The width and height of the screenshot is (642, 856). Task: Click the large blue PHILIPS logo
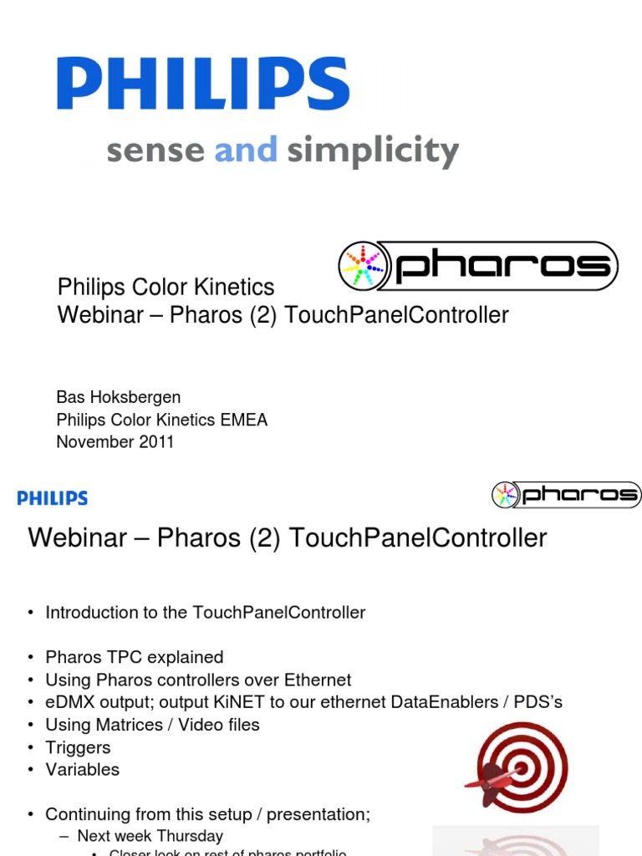point(203,84)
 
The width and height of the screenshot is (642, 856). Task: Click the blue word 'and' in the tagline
point(246,151)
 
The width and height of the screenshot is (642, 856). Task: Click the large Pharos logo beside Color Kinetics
point(478,267)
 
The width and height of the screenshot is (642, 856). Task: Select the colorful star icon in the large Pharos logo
point(363,267)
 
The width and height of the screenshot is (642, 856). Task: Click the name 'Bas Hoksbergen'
point(118,397)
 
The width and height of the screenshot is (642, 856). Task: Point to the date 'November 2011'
point(115,442)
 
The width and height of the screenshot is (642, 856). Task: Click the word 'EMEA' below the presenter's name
point(243,420)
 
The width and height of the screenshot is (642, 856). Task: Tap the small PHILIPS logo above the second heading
point(53,498)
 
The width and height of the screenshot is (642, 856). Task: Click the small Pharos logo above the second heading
point(566,495)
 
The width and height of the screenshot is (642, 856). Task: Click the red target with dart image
point(516,767)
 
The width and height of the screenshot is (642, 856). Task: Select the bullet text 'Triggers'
point(78,747)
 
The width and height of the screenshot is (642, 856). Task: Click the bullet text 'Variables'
point(82,769)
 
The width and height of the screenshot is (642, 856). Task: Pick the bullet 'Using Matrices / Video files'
point(152,725)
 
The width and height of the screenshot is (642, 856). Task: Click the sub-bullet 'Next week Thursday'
point(150,836)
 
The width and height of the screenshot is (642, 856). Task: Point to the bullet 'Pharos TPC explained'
point(134,657)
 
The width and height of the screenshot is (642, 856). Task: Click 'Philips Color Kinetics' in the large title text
point(166,288)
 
